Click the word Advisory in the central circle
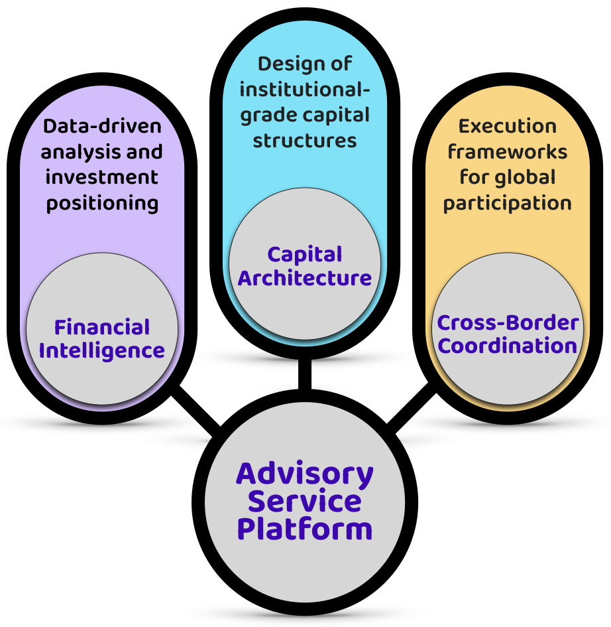[x=305, y=474]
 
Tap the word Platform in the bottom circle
[x=305, y=529]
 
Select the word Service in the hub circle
[x=305, y=502]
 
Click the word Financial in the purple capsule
[x=102, y=327]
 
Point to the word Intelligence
[x=102, y=350]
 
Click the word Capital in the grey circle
[x=305, y=254]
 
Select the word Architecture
[x=305, y=277]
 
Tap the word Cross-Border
[x=508, y=323]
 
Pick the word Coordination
[x=508, y=346]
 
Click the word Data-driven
[x=102, y=126]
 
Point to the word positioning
[x=102, y=202]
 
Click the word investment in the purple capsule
[x=102, y=177]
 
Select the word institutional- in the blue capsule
[x=305, y=90]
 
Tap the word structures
[x=305, y=141]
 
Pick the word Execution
[x=508, y=126]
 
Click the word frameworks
[x=508, y=152]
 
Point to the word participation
[x=508, y=202]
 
